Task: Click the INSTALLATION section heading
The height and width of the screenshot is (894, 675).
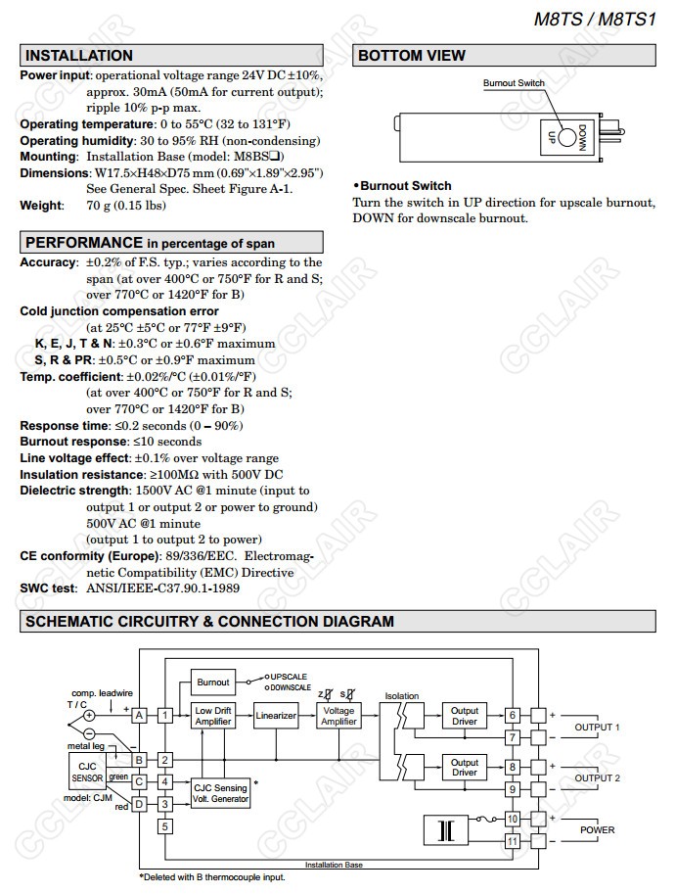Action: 79,56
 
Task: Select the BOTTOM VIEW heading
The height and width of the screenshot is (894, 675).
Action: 412,56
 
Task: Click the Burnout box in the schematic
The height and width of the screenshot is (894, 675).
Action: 213,682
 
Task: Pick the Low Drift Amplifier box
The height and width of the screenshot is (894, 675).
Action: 213,716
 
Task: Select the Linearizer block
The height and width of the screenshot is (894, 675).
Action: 276,716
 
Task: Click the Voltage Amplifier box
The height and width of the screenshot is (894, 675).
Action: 338,716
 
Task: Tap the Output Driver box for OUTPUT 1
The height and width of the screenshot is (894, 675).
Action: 465,716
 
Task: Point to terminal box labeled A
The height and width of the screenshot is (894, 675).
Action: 139,716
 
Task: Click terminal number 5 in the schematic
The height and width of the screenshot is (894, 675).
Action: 165,826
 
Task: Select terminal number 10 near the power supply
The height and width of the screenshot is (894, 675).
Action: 512,818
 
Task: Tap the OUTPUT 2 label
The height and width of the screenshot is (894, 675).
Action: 597,778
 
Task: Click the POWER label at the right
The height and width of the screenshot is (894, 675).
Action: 598,829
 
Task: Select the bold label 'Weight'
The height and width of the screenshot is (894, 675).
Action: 40,206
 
